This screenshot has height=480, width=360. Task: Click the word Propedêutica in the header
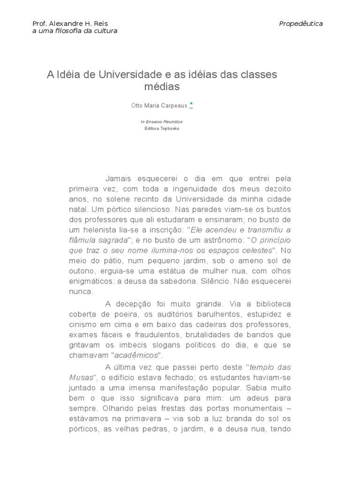tap(300, 23)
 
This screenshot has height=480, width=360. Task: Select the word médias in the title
tap(162, 87)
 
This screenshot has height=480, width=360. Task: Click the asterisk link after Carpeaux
tap(191, 105)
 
